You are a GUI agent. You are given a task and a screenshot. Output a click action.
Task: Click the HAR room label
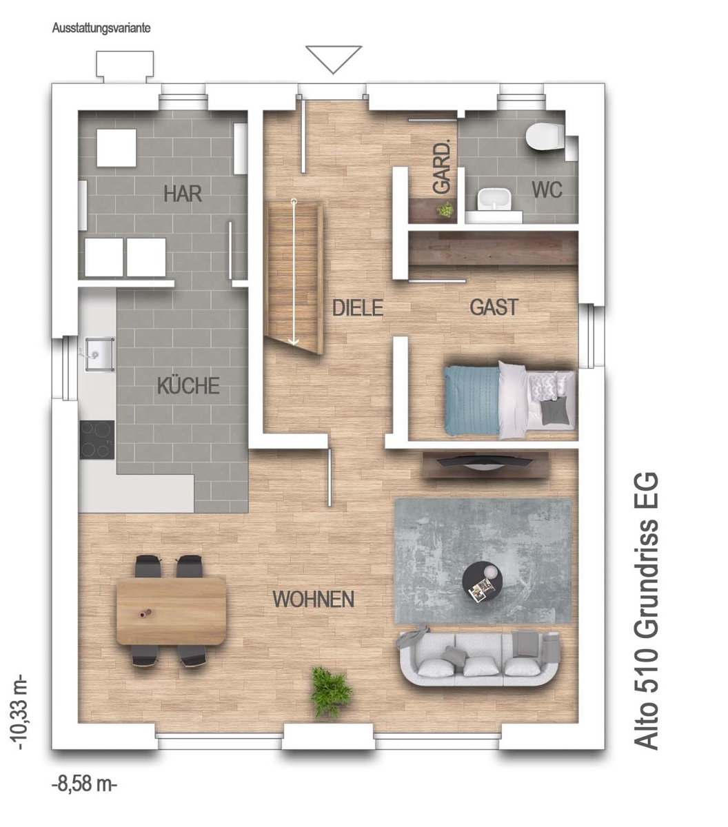click(x=183, y=194)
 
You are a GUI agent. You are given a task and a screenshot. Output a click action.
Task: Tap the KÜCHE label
click(x=188, y=385)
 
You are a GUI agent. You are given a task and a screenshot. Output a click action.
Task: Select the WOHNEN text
click(x=313, y=599)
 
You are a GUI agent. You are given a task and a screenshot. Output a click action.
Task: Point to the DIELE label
click(x=358, y=307)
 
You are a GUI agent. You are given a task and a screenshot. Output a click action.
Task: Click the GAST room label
click(x=494, y=307)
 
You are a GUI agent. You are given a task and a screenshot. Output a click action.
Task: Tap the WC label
click(x=547, y=190)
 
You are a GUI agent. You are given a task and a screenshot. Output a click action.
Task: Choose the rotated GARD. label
click(x=442, y=167)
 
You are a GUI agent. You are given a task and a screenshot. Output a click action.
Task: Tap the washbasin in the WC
click(x=494, y=199)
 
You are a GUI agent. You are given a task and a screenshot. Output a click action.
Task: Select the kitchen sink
click(x=98, y=354)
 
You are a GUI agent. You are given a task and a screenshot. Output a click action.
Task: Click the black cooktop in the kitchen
click(x=97, y=440)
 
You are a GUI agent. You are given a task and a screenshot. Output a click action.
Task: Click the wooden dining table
click(x=171, y=611)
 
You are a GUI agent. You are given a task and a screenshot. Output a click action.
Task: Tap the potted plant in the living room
click(x=331, y=692)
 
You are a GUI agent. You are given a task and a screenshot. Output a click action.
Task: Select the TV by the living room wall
click(x=485, y=462)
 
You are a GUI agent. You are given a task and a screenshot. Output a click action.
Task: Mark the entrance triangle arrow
click(x=334, y=59)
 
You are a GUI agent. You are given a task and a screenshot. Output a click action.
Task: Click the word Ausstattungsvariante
click(x=101, y=28)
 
